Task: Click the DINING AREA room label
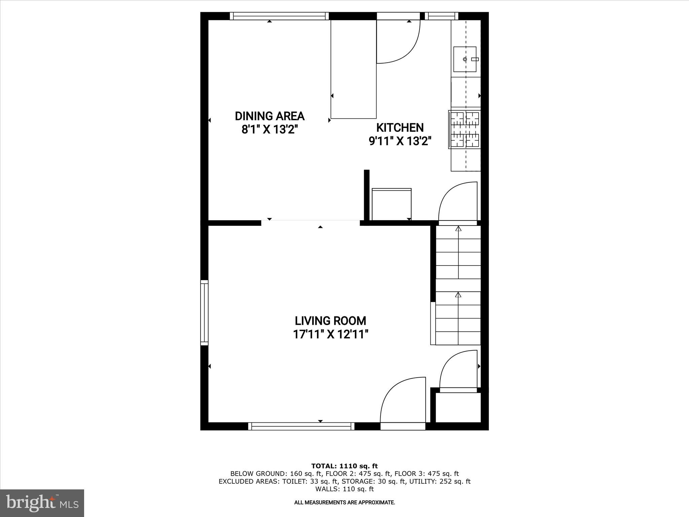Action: [x=269, y=116]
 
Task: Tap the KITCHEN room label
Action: [x=400, y=128]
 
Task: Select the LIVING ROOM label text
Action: [x=330, y=320]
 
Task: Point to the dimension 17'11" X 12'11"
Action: [x=331, y=334]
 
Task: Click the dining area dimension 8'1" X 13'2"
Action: [x=270, y=130]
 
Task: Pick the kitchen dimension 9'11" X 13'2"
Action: [x=400, y=141]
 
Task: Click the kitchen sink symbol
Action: [x=465, y=59]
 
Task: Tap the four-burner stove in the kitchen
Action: [x=465, y=130]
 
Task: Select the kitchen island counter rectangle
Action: [x=353, y=69]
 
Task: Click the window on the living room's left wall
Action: [x=204, y=312]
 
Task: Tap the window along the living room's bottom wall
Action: [x=301, y=426]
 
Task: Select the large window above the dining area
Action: [x=279, y=16]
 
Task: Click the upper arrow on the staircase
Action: [x=458, y=229]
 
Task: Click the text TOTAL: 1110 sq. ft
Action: [x=344, y=466]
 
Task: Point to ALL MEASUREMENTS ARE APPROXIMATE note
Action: [x=344, y=503]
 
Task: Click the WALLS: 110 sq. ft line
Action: [x=344, y=489]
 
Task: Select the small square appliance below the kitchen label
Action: [x=392, y=204]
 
